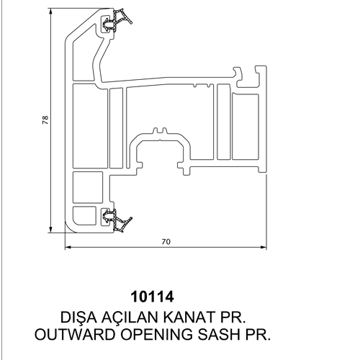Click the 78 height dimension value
point(45,120)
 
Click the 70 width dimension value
point(166,242)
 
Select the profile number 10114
point(152,297)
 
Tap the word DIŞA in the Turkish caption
point(78,318)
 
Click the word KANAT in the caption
point(189,318)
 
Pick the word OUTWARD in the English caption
point(75,334)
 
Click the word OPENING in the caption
point(156,334)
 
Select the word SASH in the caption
point(219,334)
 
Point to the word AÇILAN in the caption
point(130,318)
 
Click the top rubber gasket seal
point(117,20)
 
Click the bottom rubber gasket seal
point(117,220)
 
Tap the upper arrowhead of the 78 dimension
point(50,12)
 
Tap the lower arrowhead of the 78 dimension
point(50,229)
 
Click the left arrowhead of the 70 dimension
point(69,247)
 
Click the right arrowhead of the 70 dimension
point(263,247)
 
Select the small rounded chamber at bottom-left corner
point(84,216)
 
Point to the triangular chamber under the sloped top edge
point(84,58)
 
